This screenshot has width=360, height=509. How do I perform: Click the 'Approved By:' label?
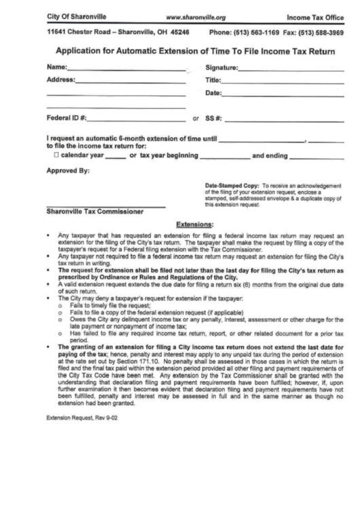coord(68,171)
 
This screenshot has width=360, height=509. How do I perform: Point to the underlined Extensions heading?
coord(195,224)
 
